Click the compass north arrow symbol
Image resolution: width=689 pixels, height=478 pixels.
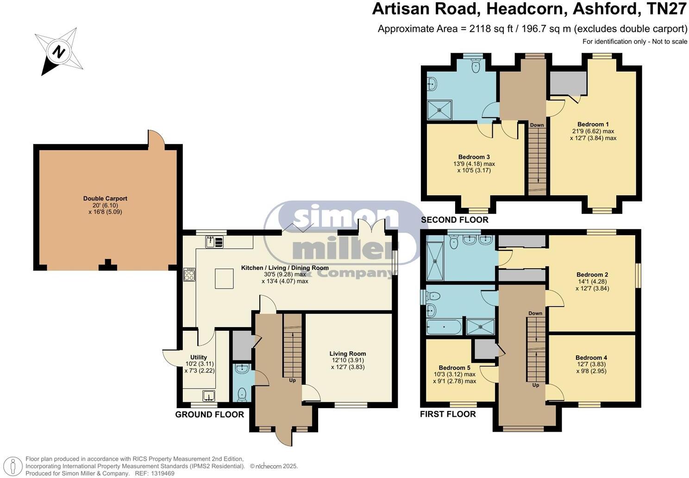58,51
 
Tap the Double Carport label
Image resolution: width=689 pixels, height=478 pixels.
105,199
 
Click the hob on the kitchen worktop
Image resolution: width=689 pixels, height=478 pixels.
189,275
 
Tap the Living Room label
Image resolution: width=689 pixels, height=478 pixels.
348,353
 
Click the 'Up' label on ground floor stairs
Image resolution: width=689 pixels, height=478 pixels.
293,381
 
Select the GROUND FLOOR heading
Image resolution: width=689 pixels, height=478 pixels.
209,415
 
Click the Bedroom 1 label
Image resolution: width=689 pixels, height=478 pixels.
593,124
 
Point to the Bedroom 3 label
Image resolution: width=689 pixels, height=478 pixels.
474,157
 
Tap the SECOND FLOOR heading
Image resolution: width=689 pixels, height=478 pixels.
454,220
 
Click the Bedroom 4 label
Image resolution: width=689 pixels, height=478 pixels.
591,358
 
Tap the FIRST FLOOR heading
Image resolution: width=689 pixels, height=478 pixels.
448,414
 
